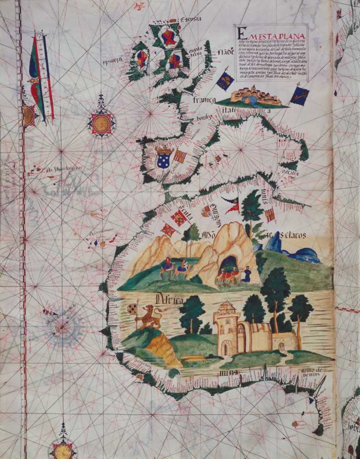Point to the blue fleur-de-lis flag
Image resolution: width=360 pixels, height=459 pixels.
point(225,80)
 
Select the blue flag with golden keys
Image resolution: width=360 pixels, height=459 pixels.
point(299,96)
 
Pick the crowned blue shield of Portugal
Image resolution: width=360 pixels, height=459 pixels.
point(164,157)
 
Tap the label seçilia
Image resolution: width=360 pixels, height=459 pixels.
point(290,174)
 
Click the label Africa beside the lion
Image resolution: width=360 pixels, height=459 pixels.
point(169,300)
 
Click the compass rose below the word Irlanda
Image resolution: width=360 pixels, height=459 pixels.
point(101,123)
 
